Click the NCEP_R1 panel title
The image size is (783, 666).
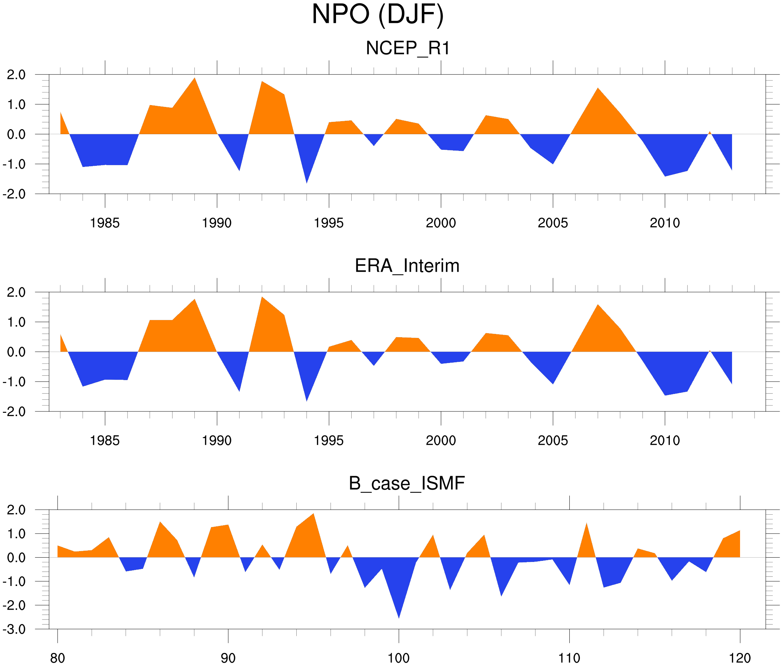(x=407, y=48)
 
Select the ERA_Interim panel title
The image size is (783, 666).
(x=407, y=266)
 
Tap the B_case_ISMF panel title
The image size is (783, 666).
(x=407, y=484)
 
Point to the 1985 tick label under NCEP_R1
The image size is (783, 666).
(x=105, y=223)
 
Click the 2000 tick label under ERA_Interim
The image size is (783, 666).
(x=440, y=440)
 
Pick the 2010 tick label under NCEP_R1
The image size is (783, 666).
(x=665, y=223)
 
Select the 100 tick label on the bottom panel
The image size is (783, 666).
(x=399, y=658)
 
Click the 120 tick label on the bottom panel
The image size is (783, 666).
(x=740, y=658)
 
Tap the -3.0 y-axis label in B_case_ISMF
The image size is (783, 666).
(x=14, y=629)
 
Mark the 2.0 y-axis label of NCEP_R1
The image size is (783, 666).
(x=16, y=75)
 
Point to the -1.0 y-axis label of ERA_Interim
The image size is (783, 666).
(x=14, y=382)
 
